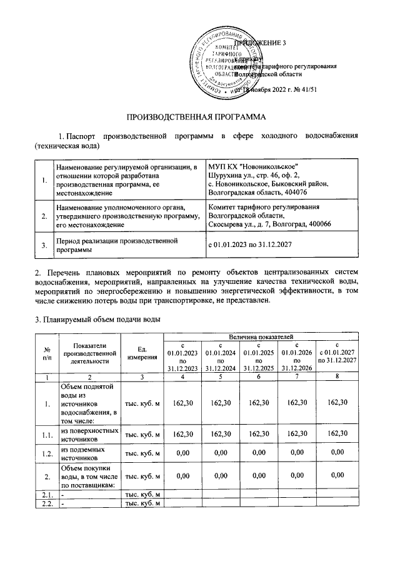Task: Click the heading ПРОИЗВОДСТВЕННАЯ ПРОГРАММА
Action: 196,117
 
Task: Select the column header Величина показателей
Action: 261,337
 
